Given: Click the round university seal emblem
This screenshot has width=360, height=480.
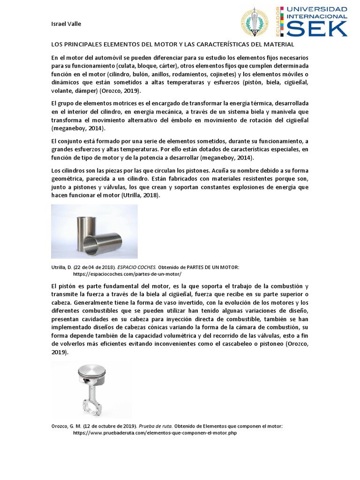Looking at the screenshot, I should (x=255, y=22).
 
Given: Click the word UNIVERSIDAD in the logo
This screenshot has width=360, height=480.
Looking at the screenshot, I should (x=317, y=9).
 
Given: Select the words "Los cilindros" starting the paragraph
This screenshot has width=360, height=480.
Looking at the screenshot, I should (x=67, y=170).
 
